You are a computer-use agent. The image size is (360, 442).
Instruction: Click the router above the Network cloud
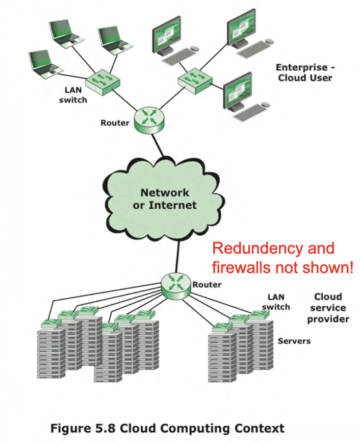pyautogui.click(x=149, y=120)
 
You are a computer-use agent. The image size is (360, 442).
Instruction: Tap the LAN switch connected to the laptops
pyautogui.click(x=103, y=82)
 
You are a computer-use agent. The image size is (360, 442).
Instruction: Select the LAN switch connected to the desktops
pyautogui.click(x=195, y=80)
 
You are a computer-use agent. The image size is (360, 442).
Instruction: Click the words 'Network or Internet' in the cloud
pyautogui.click(x=165, y=199)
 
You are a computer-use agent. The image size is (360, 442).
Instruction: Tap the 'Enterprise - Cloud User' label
pyautogui.click(x=305, y=72)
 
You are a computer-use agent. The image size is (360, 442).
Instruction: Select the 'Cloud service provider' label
pyautogui.click(x=328, y=308)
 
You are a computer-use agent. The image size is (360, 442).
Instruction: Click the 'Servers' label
pyautogui.click(x=294, y=341)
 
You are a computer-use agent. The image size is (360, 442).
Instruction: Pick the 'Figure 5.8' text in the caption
pyautogui.click(x=83, y=428)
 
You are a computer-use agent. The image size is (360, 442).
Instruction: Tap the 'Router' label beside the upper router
pyautogui.click(x=115, y=123)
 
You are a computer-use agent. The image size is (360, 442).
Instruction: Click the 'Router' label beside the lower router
pyautogui.click(x=207, y=285)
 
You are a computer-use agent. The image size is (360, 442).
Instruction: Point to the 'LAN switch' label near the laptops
pyautogui.click(x=73, y=95)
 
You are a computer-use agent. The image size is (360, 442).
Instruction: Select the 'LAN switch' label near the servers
pyautogui.click(x=276, y=302)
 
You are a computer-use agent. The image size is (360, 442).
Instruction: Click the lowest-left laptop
pyautogui.click(x=44, y=65)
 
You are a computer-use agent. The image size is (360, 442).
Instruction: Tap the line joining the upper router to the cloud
pyautogui.click(x=158, y=145)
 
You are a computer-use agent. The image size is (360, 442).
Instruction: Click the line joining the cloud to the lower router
pyautogui.click(x=177, y=257)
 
